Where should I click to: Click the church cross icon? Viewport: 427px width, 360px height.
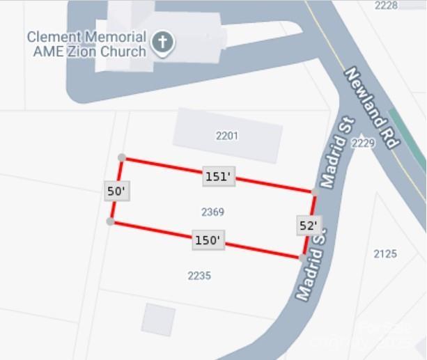click(x=162, y=43)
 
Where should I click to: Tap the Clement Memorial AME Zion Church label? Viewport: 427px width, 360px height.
click(x=86, y=44)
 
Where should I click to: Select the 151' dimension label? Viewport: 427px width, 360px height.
click(x=217, y=177)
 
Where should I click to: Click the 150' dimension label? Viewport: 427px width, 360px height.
click(x=208, y=241)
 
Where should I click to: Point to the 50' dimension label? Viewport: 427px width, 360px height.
click(x=117, y=191)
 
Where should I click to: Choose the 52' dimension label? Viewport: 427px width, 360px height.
click(x=308, y=226)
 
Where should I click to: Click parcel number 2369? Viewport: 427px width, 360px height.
click(x=212, y=212)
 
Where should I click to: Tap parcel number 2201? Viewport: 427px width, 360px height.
click(x=226, y=136)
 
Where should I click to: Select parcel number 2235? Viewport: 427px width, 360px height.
click(x=199, y=276)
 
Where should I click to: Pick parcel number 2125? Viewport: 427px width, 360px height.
click(x=385, y=253)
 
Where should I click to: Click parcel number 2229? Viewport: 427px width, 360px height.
click(x=363, y=143)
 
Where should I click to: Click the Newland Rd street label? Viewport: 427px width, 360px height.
click(x=371, y=108)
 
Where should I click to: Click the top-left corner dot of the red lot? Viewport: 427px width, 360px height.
click(x=122, y=158)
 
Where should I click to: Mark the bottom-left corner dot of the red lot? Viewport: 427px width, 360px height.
click(x=110, y=221)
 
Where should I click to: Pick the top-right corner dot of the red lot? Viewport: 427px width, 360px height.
click(x=315, y=191)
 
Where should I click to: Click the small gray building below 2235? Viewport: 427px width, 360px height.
click(x=158, y=320)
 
